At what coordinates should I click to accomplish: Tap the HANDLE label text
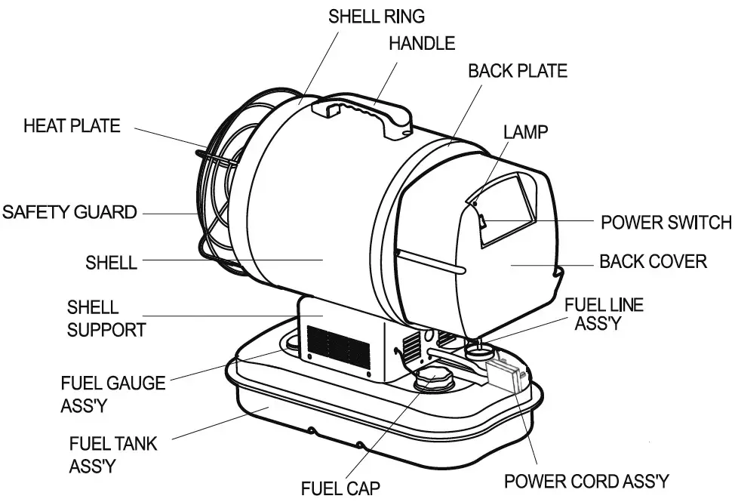(422, 43)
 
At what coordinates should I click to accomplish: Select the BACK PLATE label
(518, 71)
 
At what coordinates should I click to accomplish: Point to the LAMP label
(526, 131)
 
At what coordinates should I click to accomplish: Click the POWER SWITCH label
(666, 223)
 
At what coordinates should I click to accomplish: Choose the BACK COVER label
(653, 262)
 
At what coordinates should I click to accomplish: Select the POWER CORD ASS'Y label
(586, 481)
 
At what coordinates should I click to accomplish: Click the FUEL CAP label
(340, 488)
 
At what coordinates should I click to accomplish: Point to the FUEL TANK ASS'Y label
(113, 454)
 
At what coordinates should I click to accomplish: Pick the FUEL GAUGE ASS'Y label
(112, 393)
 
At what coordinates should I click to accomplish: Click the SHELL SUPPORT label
(106, 318)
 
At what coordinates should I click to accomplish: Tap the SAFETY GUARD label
(69, 211)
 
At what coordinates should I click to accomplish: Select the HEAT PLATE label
(72, 125)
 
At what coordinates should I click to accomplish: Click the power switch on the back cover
(481, 221)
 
